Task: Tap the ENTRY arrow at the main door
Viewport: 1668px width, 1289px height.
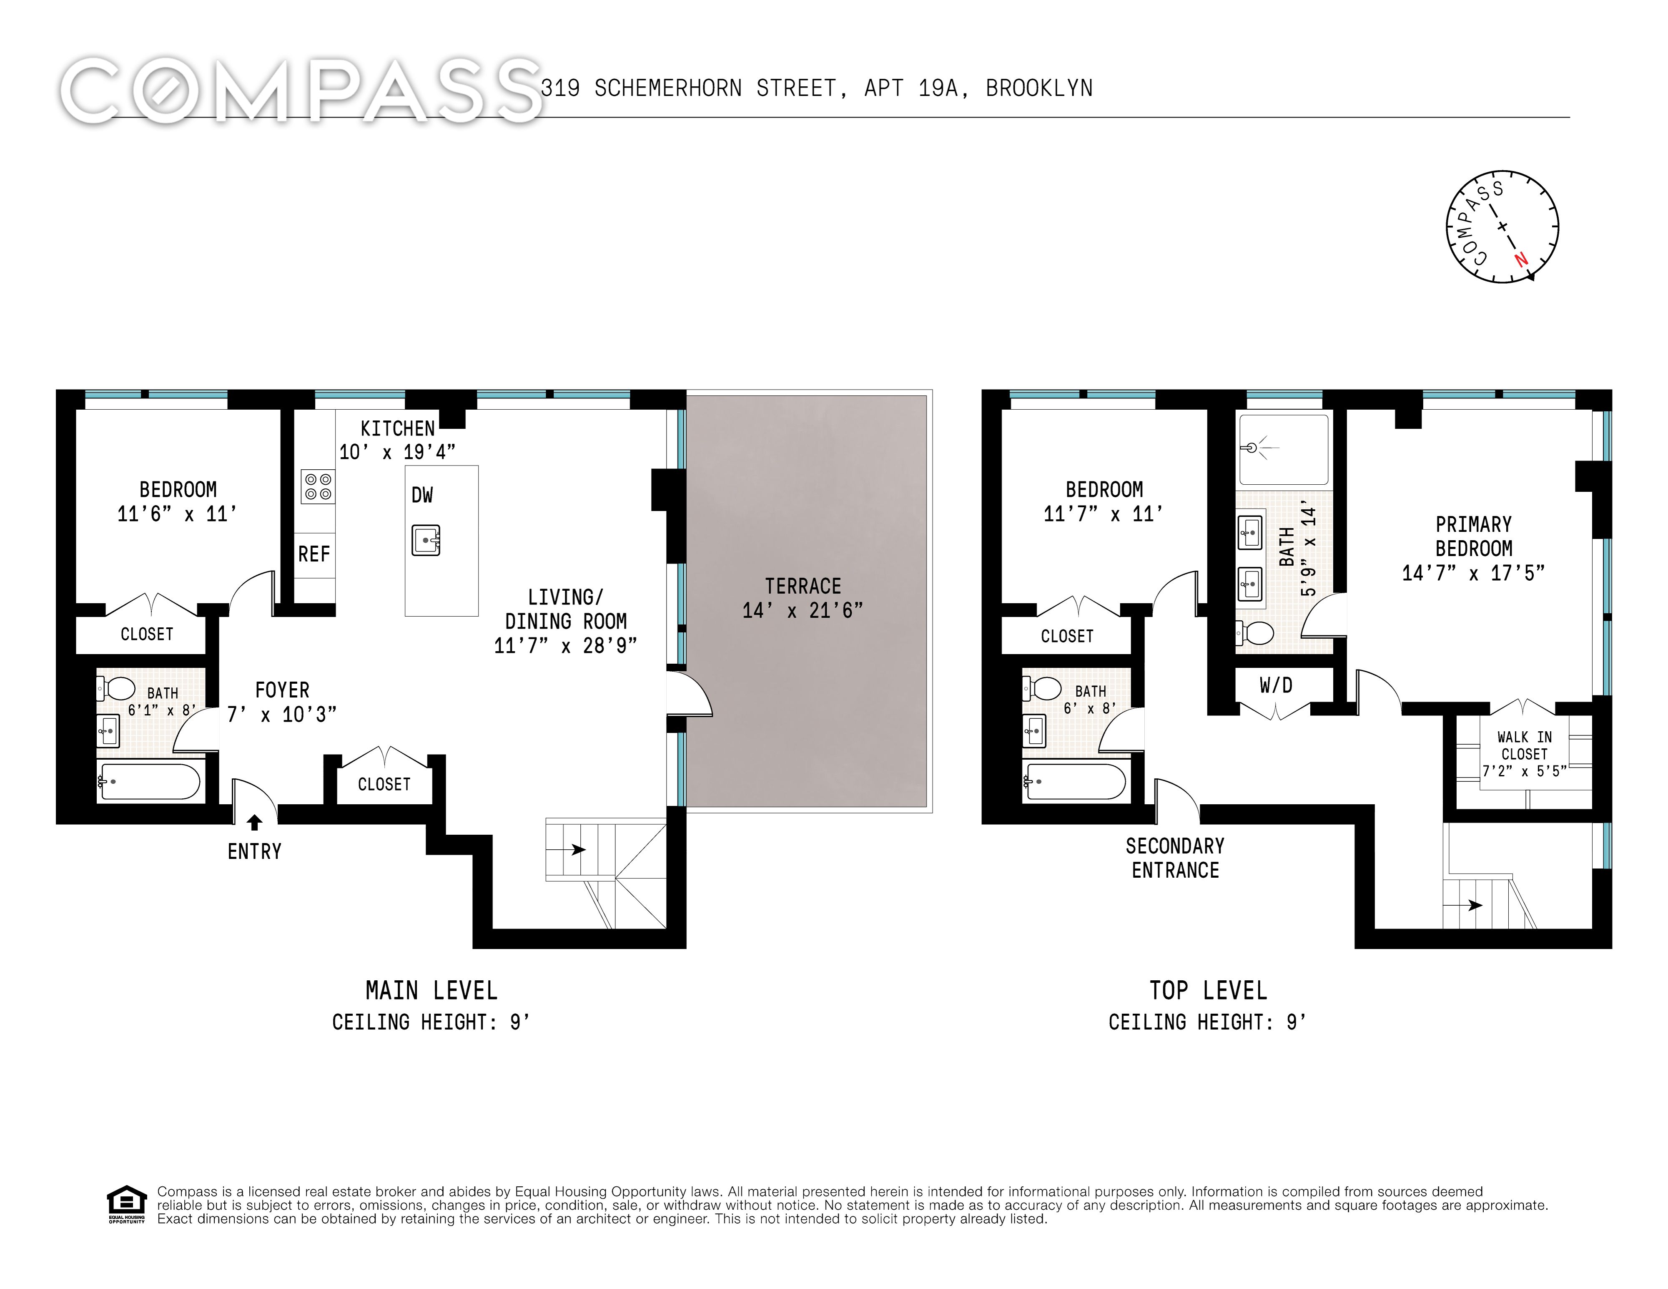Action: coord(254,822)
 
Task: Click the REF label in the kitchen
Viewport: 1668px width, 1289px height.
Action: coord(314,554)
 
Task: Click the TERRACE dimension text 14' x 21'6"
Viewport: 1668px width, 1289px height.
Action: coord(802,610)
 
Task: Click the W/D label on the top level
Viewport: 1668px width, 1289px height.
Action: coord(1275,685)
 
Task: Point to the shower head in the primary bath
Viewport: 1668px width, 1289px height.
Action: coord(1253,448)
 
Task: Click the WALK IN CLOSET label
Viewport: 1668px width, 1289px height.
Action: coord(1524,745)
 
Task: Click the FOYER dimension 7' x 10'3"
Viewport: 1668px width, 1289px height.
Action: coord(282,715)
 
